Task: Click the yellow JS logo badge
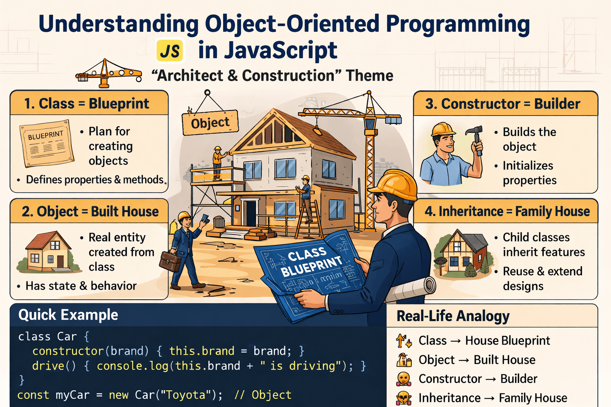[170, 50]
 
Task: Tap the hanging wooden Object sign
[210, 123]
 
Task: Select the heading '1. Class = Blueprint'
[87, 104]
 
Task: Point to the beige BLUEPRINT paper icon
[47, 143]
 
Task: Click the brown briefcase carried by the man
[170, 261]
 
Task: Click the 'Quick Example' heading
[68, 315]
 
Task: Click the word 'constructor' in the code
[68, 351]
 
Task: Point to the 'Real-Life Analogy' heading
[453, 316]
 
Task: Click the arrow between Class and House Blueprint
[456, 341]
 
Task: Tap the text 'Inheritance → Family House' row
[493, 398]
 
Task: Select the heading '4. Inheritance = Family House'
[507, 211]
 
